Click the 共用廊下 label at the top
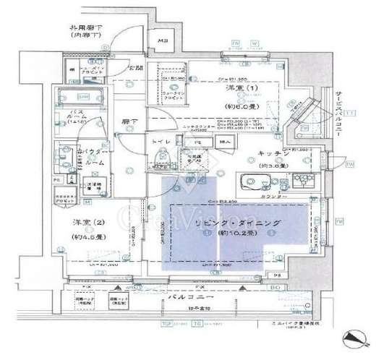[85, 31]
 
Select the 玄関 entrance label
[135, 68]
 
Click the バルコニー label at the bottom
[189, 298]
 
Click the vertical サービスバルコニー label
[338, 116]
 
